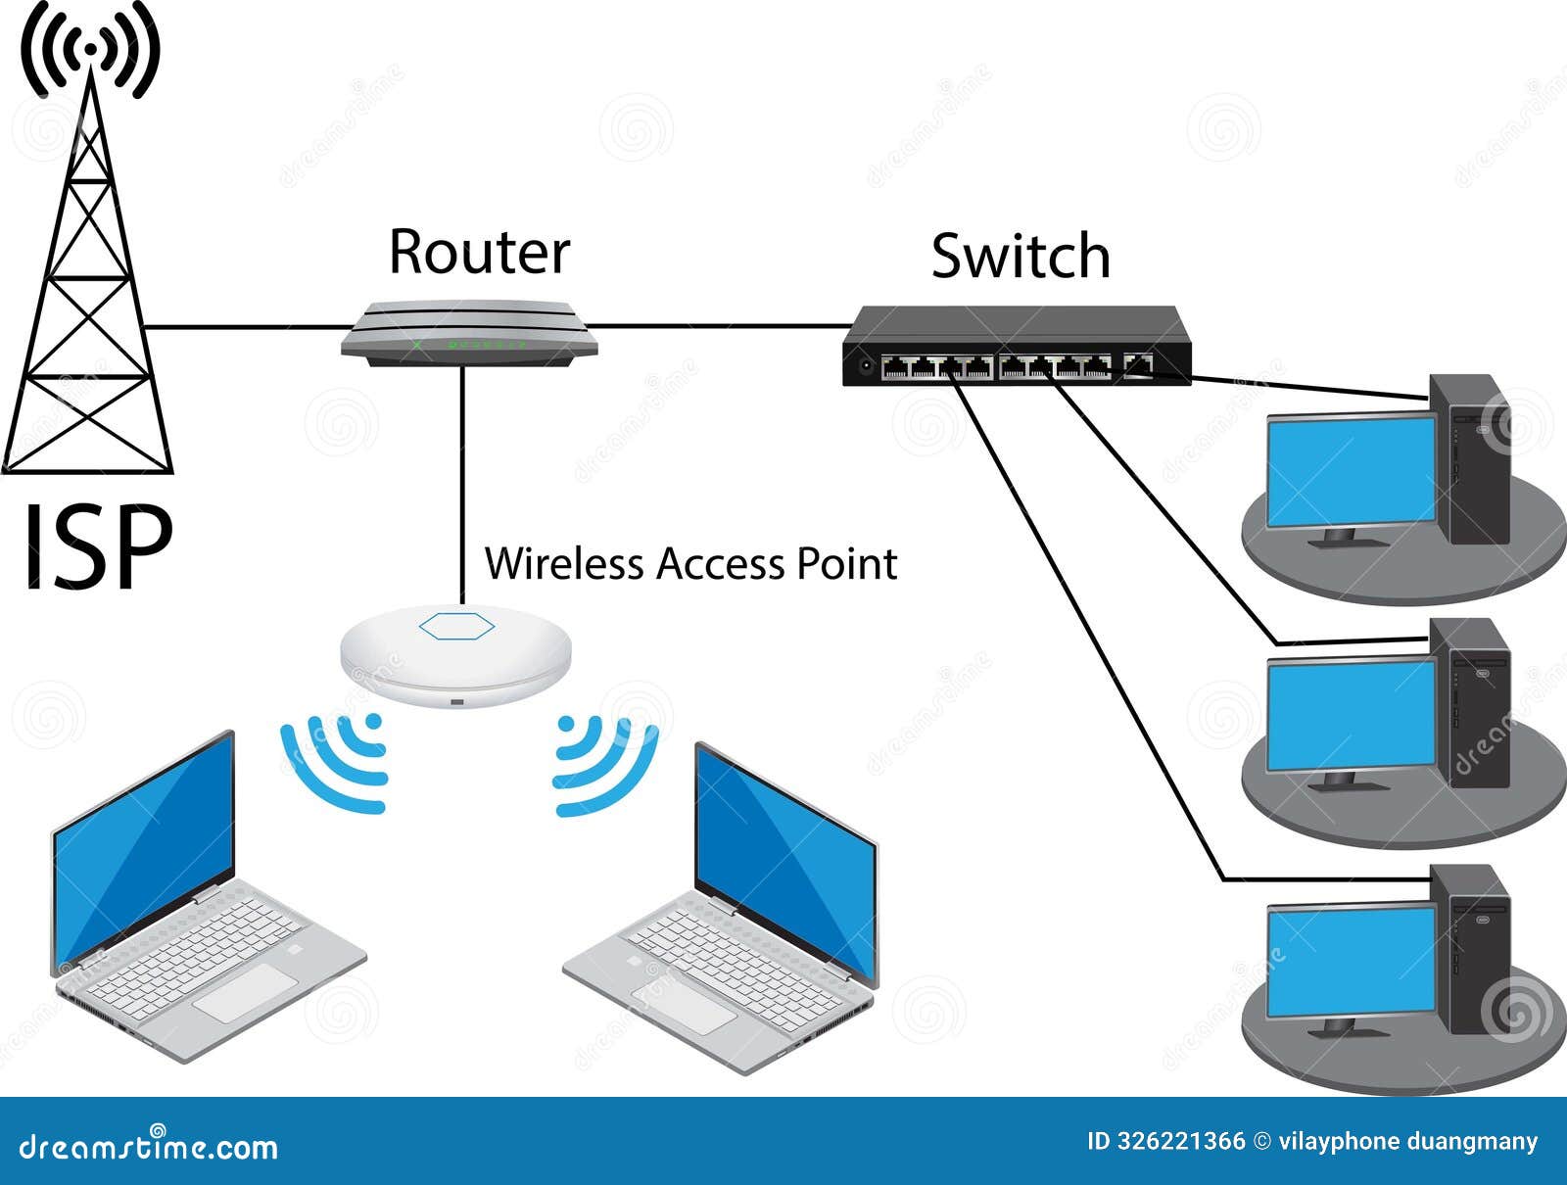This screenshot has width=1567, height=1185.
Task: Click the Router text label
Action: [479, 252]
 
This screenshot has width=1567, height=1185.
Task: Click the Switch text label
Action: [1021, 257]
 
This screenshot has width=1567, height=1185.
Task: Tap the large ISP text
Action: [97, 548]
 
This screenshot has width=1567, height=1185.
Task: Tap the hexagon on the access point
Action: [456, 626]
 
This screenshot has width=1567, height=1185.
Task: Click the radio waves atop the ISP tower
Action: [90, 49]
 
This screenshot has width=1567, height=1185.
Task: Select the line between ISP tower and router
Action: [245, 326]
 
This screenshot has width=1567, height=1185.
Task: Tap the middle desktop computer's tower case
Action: [1479, 702]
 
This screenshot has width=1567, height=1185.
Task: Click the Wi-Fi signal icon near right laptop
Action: [602, 765]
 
